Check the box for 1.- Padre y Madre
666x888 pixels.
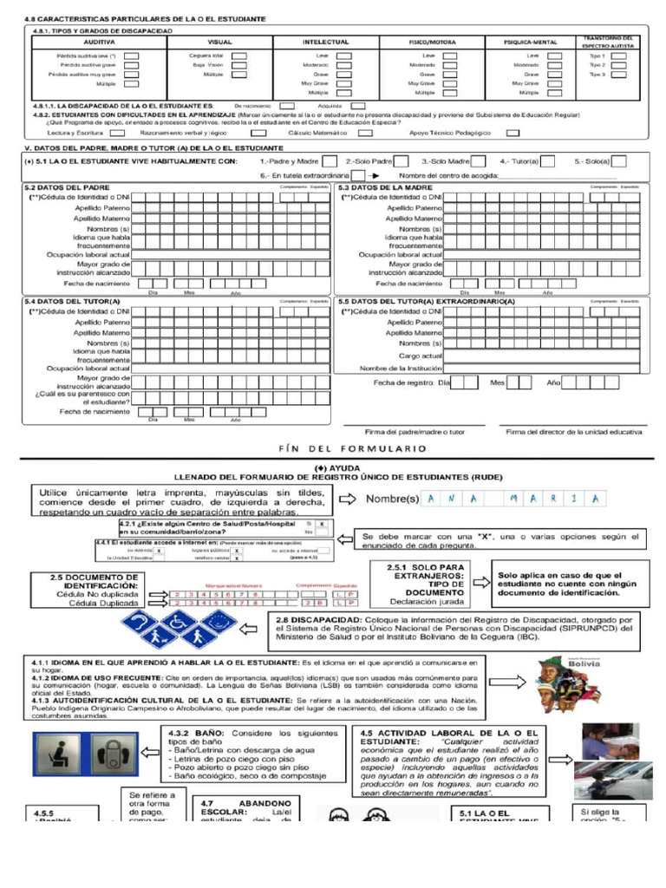[x=330, y=160]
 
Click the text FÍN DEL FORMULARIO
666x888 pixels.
[x=351, y=448]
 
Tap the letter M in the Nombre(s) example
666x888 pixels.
[x=515, y=498]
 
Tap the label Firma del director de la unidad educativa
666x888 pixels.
[x=573, y=432]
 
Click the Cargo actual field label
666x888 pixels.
[x=421, y=356]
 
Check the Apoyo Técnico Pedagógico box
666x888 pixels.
[x=513, y=133]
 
